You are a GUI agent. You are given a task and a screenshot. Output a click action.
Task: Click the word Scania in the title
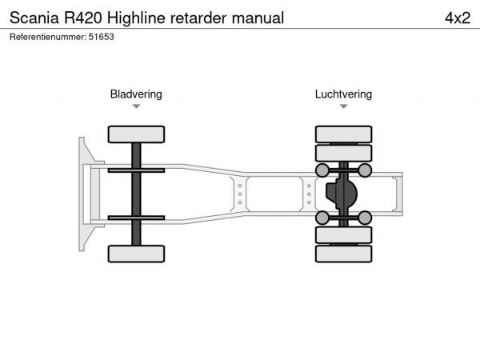pyautogui.click(x=33, y=17)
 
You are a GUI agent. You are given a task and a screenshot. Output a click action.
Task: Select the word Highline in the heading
pyautogui.click(x=141, y=17)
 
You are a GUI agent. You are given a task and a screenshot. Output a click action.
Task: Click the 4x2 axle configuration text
pyautogui.click(x=458, y=17)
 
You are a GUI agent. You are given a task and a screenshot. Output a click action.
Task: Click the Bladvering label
pyautogui.click(x=136, y=94)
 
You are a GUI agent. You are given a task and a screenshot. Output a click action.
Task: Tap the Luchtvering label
pyautogui.click(x=343, y=94)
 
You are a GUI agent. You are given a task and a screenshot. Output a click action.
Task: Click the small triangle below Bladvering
pyautogui.click(x=136, y=106)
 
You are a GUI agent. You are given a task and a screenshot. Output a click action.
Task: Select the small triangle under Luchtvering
pyautogui.click(x=343, y=106)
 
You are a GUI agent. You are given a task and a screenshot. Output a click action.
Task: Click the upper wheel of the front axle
pyautogui.click(x=136, y=134)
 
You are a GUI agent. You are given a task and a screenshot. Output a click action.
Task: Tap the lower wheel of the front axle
pyautogui.click(x=136, y=254)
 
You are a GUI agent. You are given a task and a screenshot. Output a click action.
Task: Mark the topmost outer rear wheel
pyautogui.click(x=343, y=134)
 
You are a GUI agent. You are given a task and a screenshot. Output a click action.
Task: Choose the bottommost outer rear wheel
pyautogui.click(x=343, y=254)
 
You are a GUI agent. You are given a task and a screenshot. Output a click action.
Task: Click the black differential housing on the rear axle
pyautogui.click(x=343, y=194)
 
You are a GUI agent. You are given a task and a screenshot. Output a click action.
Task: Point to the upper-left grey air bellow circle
pyautogui.click(x=322, y=170)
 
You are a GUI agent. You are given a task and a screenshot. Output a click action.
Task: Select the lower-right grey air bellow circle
pyautogui.click(x=365, y=218)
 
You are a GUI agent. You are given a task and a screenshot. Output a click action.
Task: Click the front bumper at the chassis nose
pyautogui.click(x=84, y=194)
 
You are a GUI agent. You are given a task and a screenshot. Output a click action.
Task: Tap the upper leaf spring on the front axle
pyautogui.click(x=136, y=170)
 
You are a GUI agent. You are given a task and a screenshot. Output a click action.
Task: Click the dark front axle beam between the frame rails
pyautogui.click(x=136, y=194)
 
